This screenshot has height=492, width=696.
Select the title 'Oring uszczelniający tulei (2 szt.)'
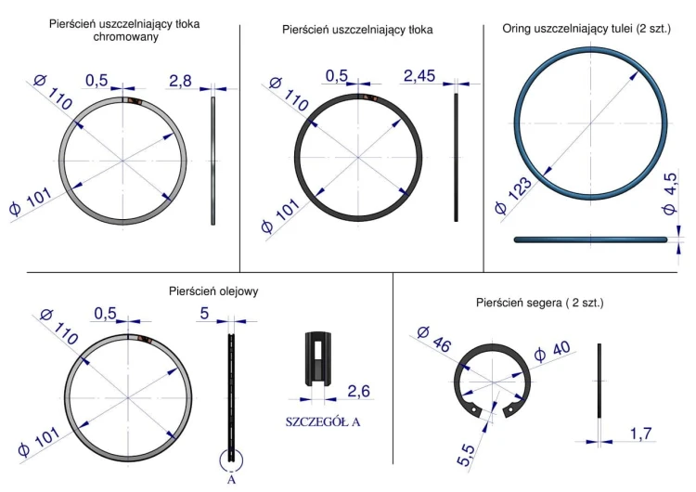coord(586,30)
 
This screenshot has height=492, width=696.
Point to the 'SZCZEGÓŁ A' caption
coord(323,421)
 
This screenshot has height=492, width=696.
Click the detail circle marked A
coord(231,460)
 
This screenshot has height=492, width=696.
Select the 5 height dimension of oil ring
coord(204,313)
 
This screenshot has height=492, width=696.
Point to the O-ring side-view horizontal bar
coord(591,240)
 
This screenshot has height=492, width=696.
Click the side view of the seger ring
coord(600,381)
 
